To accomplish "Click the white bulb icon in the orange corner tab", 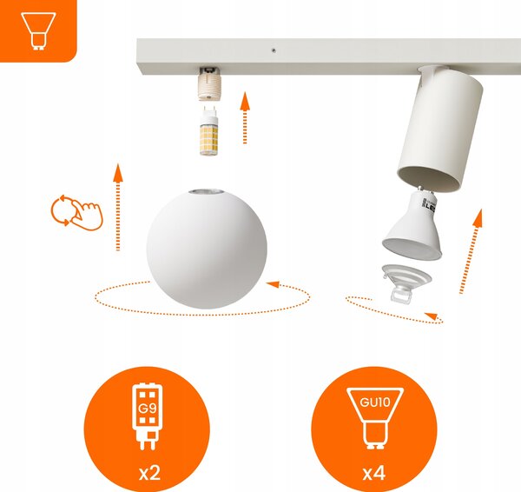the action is [38, 31].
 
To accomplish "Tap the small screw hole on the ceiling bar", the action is [274, 50].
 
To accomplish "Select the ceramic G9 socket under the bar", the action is [208, 83].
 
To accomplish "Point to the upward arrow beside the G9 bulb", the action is [245, 117].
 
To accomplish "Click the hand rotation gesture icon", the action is [77, 213].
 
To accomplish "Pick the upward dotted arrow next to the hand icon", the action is [118, 207].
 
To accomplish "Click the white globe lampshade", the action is [207, 249].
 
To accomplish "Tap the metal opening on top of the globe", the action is [206, 191].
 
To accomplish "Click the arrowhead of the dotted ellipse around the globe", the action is [273, 284].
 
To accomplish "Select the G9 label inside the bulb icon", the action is [148, 409].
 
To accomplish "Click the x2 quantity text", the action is [149, 472].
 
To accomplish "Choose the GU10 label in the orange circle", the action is [375, 402].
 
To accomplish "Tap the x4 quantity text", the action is [374, 473].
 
